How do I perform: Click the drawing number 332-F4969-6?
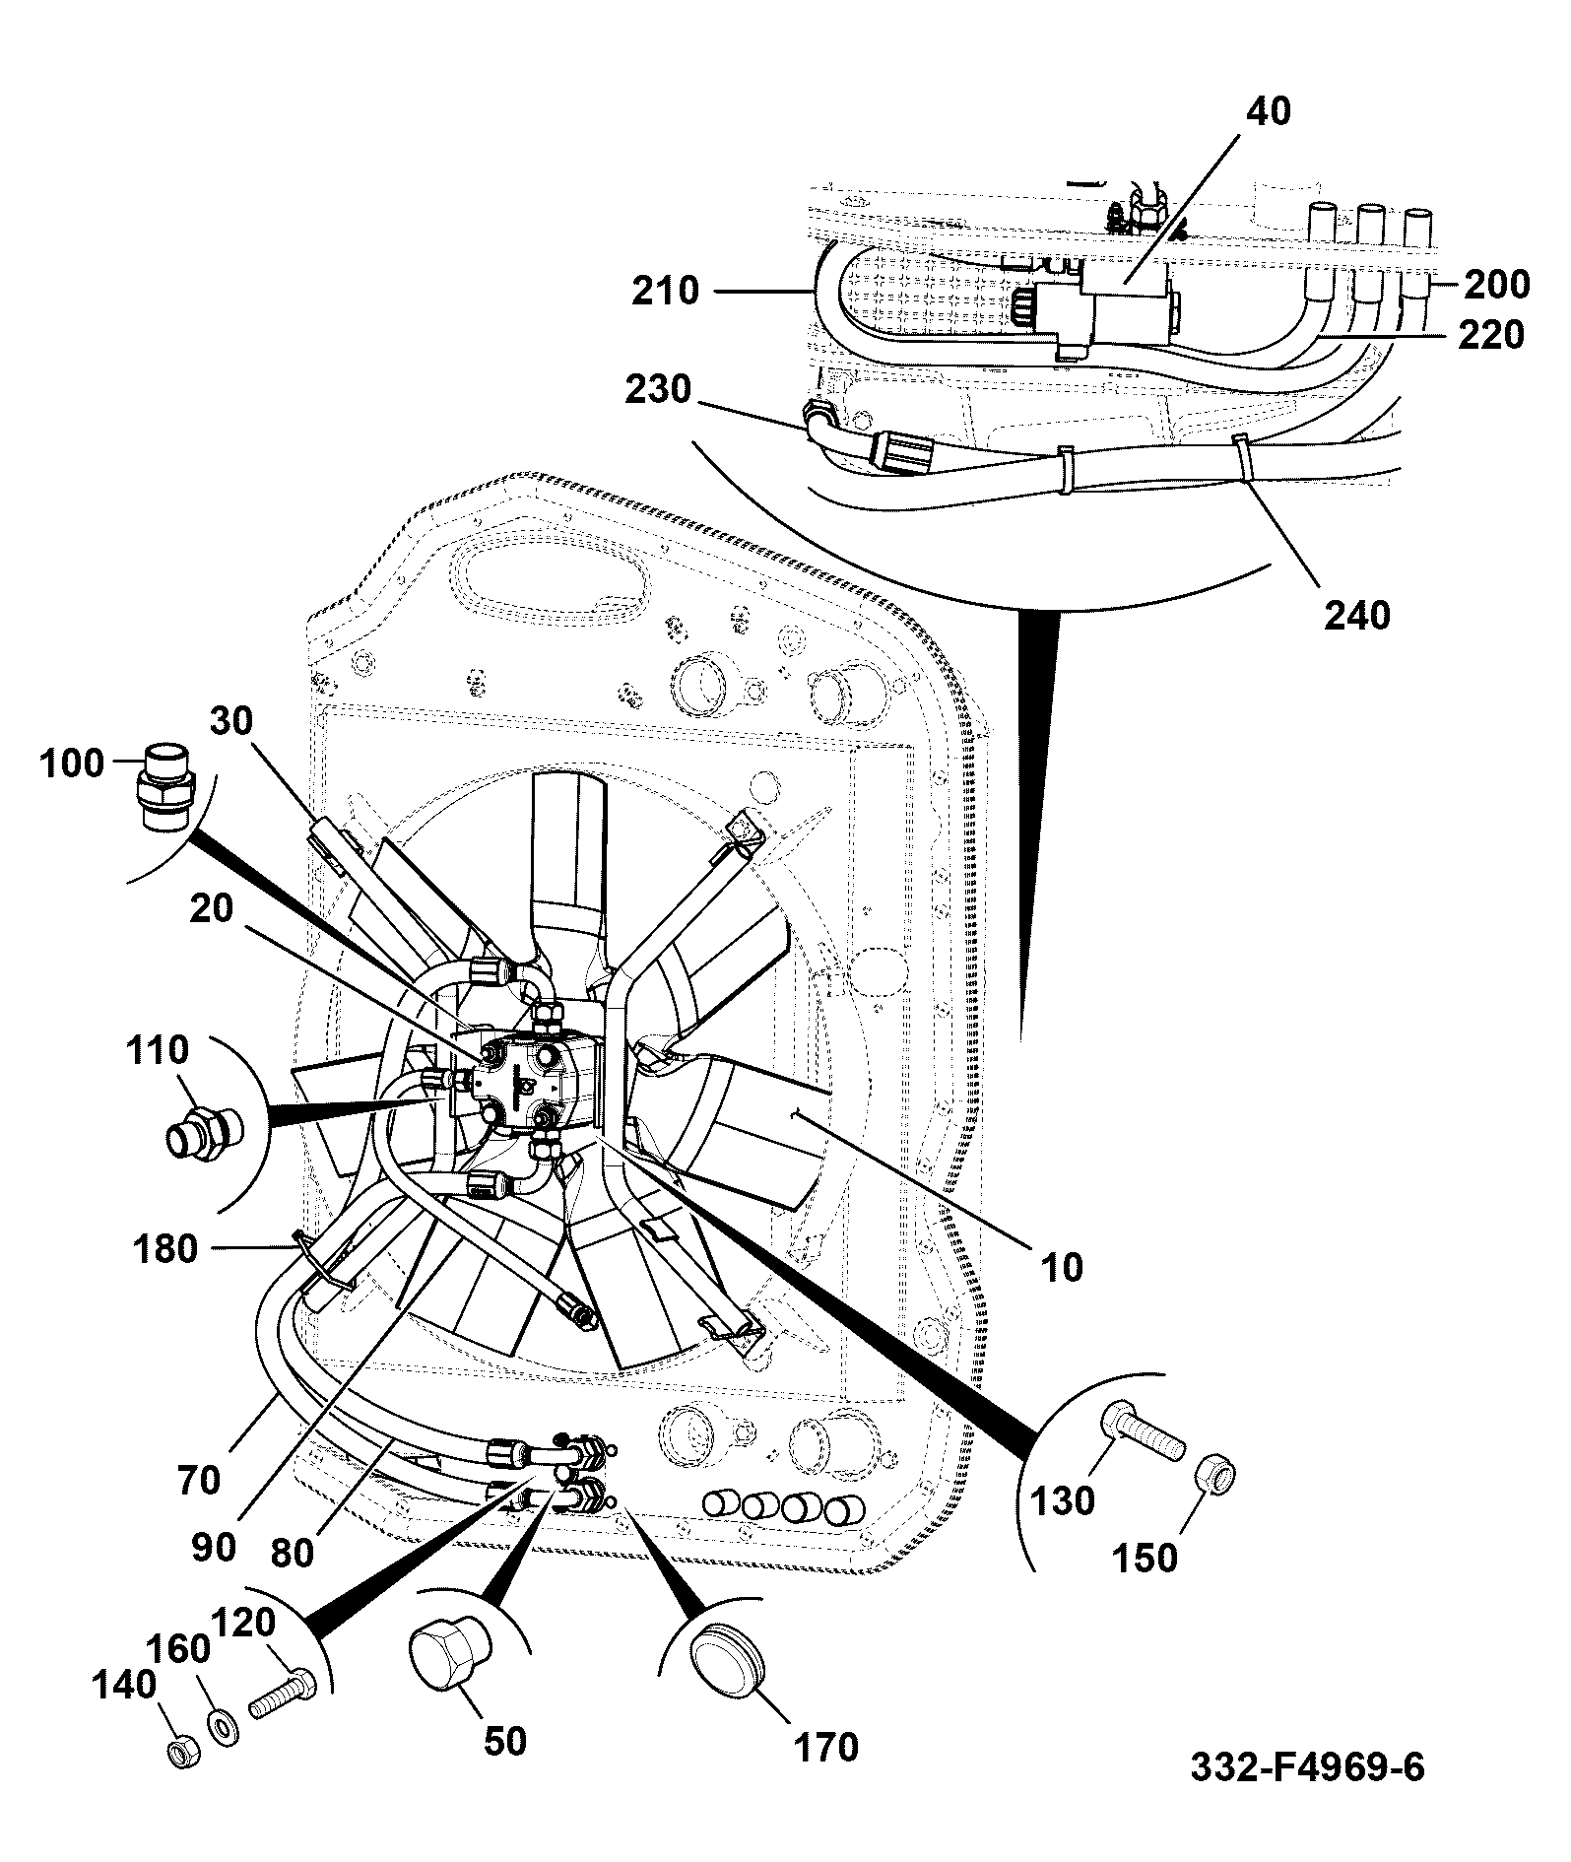point(1307,1766)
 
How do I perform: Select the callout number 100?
point(72,763)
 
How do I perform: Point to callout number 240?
point(1357,615)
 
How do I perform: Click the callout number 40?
point(1269,111)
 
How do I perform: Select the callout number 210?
point(666,291)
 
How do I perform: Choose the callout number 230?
point(657,390)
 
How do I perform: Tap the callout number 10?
point(1060,1266)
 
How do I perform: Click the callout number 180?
point(164,1249)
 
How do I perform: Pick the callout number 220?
point(1491,335)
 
